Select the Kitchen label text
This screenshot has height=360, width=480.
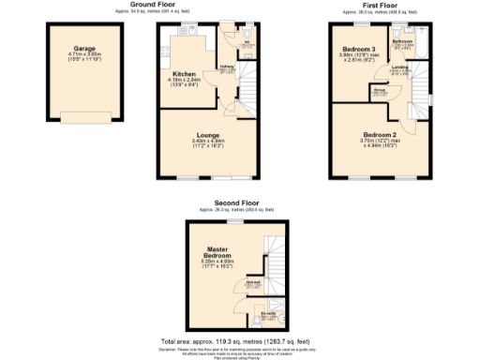point(184,74)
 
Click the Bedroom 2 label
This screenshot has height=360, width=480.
point(380,134)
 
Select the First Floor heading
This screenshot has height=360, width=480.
point(380,5)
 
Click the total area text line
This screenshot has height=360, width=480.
point(239,340)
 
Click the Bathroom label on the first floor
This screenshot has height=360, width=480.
point(403,42)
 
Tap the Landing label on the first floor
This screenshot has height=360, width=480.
point(399,67)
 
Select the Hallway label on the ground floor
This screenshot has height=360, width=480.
point(226,67)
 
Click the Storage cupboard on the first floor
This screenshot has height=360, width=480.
point(381,91)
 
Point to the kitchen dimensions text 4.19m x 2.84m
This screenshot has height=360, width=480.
point(184,81)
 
